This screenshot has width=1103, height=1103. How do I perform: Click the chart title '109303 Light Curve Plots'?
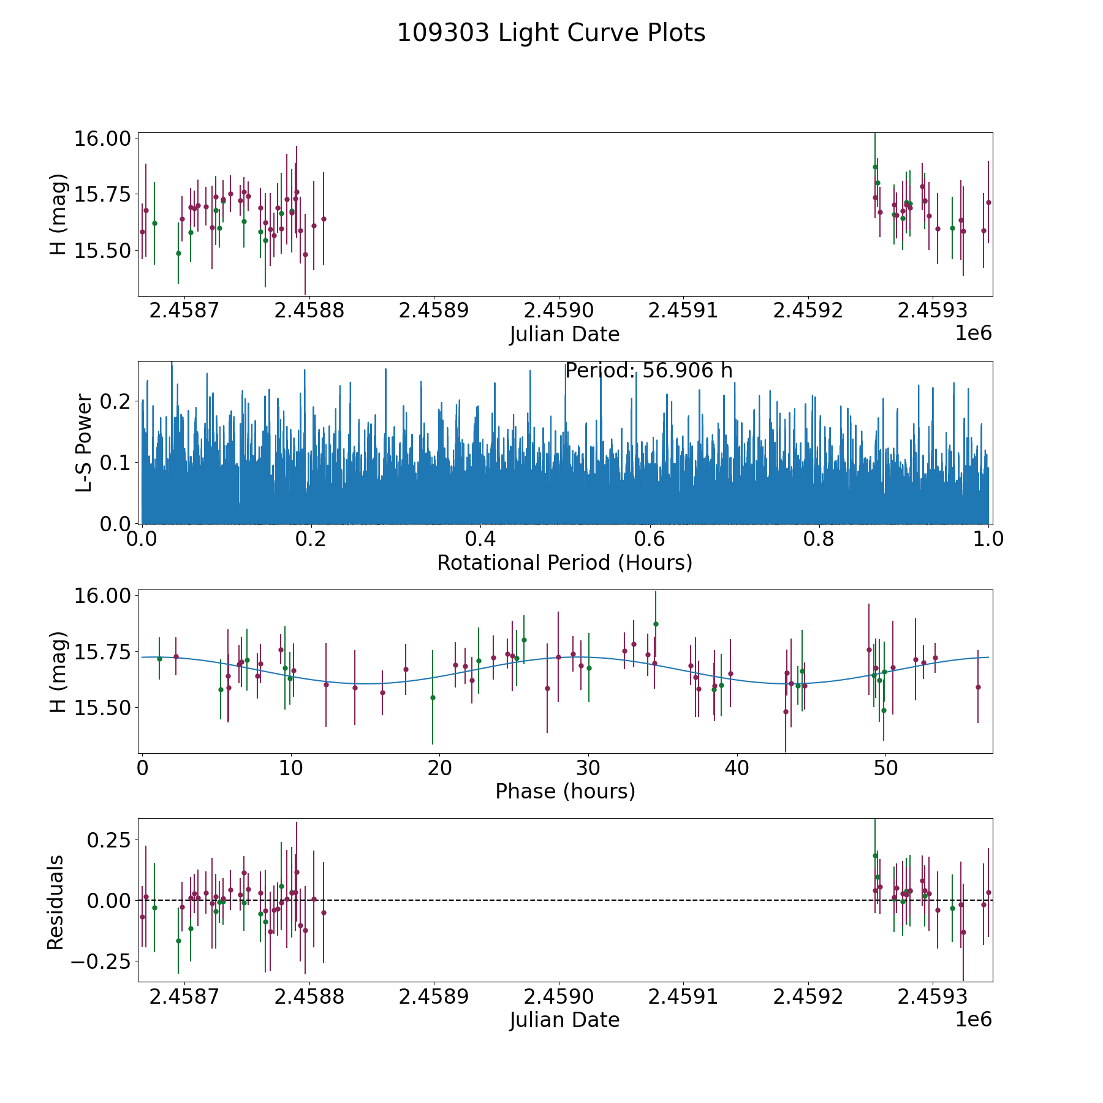(x=551, y=33)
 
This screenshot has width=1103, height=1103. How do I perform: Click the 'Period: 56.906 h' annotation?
(x=648, y=371)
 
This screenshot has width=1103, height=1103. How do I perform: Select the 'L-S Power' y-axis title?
(x=84, y=443)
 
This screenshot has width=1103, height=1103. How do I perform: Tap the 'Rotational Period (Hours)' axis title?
(x=564, y=563)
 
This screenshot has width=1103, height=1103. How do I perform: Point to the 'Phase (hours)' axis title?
(x=565, y=791)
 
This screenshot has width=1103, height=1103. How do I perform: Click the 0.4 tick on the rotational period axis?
(x=480, y=539)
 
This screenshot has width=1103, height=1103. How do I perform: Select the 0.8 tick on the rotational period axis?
(x=819, y=539)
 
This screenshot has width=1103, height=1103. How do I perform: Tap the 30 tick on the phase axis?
(x=588, y=768)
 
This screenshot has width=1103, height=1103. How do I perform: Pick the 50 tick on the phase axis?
(x=885, y=768)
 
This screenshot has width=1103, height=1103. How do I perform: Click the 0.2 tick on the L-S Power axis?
(x=116, y=401)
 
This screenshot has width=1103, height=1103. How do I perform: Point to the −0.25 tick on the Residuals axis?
(x=100, y=961)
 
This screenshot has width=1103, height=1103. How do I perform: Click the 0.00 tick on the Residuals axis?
(x=108, y=900)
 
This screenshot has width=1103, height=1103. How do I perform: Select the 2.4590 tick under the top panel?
(x=559, y=310)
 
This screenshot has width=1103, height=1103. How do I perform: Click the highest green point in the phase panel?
(x=656, y=624)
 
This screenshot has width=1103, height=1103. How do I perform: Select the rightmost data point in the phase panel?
(x=978, y=687)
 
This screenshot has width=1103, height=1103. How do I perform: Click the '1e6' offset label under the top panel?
(x=973, y=333)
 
